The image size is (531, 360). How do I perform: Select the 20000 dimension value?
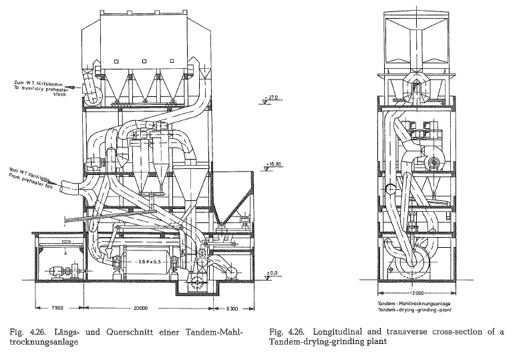point(140,308)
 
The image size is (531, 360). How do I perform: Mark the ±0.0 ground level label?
point(272,273)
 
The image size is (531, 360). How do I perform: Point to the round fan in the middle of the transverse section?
point(434,159)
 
